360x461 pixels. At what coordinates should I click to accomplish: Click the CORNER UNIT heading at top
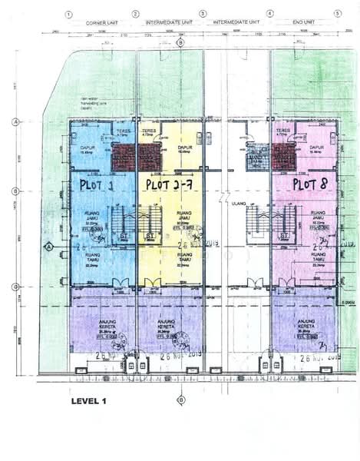(101, 23)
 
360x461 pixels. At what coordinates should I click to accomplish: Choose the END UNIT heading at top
(302, 23)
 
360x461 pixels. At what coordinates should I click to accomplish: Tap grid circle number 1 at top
(68, 14)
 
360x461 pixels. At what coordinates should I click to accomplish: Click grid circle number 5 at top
(337, 14)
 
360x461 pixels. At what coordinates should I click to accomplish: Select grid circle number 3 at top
(203, 14)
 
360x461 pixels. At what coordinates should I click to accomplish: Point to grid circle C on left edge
(15, 287)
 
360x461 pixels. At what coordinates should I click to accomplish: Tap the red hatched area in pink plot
(283, 159)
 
